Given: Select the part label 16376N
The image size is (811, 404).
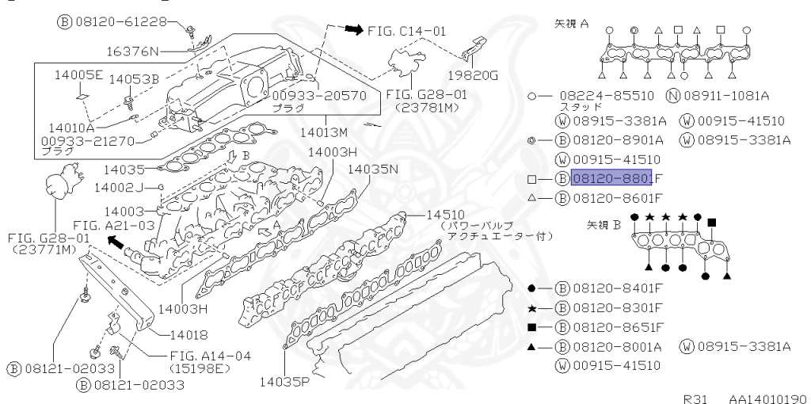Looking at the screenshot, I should click(x=133, y=52).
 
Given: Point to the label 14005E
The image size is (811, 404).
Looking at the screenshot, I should click(x=78, y=75).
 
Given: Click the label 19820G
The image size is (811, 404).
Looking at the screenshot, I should click(x=472, y=76).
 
